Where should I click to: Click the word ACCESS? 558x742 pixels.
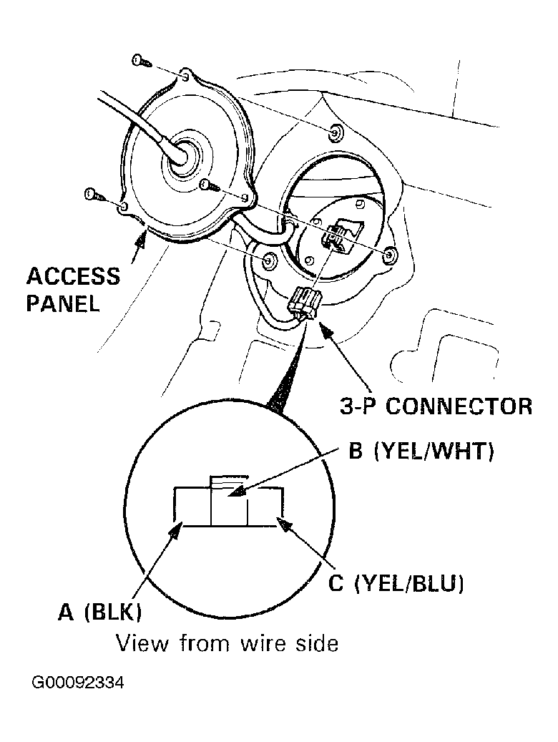pyautogui.click(x=74, y=276)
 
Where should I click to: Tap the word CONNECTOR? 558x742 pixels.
pyautogui.click(x=459, y=406)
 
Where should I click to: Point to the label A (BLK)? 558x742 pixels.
pyautogui.click(x=100, y=612)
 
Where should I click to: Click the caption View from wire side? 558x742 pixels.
pyautogui.click(x=227, y=643)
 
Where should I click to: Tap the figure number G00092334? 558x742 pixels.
pyautogui.click(x=77, y=683)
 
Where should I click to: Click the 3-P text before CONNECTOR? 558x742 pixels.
pyautogui.click(x=357, y=406)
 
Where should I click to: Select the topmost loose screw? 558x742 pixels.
pyautogui.click(x=142, y=61)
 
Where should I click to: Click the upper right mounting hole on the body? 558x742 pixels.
pyautogui.click(x=336, y=132)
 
